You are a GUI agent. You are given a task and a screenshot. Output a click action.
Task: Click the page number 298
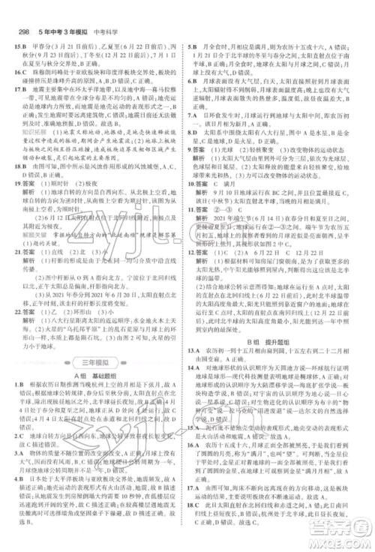[x=21, y=10]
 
